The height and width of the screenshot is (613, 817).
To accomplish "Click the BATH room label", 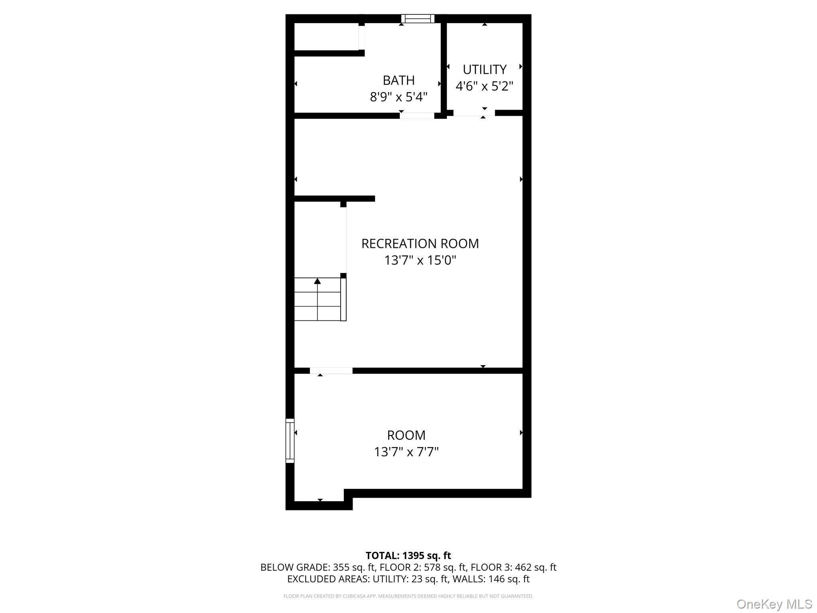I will point(399,80).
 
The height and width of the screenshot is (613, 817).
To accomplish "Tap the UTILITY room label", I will point(484,69).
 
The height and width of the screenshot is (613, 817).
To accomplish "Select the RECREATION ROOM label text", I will point(420,243).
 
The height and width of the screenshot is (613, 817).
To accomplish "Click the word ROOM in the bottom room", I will point(406,435).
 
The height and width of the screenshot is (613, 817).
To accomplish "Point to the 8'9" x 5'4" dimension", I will point(399,97).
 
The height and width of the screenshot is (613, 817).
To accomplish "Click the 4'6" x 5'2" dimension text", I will point(484,86).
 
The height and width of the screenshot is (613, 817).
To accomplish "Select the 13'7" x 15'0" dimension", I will point(420,260).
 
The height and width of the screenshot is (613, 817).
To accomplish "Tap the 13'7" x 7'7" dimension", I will point(406,452).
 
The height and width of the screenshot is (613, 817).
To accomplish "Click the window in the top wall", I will point(418,18).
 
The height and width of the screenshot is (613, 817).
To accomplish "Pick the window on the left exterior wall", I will point(290,441).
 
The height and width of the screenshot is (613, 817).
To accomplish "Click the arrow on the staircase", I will point(318,281).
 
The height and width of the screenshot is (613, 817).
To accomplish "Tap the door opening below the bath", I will point(417,116).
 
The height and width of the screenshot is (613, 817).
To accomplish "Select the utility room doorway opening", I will point(474,113).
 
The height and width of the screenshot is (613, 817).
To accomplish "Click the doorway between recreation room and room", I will point(331,371).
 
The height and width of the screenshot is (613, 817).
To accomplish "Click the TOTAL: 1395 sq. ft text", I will point(408,556).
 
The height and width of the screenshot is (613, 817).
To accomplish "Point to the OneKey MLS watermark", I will point(774,604).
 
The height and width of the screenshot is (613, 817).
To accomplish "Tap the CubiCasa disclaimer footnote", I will point(408,596).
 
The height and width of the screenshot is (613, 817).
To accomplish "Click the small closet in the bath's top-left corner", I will point(326,37).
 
